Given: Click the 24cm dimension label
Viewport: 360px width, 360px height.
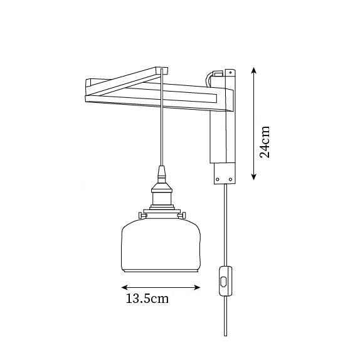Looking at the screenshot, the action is point(265,142).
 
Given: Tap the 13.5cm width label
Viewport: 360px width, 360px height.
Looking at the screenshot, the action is point(147,299).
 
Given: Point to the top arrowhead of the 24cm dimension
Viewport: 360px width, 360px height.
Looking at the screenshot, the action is point(253,70).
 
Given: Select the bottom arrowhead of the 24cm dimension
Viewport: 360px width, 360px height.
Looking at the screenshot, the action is point(253,177).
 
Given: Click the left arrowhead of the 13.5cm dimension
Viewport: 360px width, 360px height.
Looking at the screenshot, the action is point(124,287).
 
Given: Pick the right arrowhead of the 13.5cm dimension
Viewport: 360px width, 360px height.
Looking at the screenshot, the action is point(197,287).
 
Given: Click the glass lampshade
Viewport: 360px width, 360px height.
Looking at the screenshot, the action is point(161,245).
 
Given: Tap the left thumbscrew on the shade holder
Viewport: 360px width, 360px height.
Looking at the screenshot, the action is point(142,215).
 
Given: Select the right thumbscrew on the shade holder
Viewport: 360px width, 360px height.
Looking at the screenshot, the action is point(182,215).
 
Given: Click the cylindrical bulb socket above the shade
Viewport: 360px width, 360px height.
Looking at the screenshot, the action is point(162,196).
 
